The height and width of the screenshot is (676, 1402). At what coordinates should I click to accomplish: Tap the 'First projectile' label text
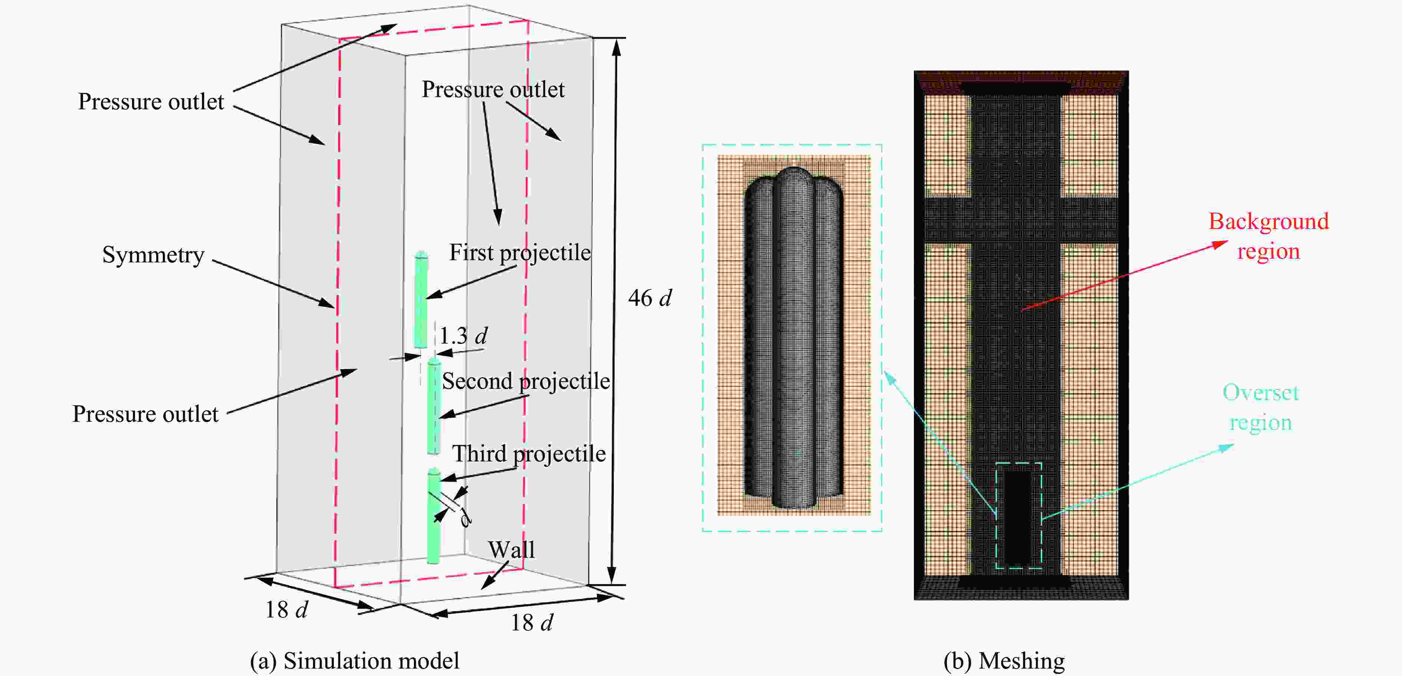pos(520,253)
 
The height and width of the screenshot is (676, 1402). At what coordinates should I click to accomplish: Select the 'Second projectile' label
pos(526,381)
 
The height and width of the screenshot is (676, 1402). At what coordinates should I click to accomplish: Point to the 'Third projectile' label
pos(529,454)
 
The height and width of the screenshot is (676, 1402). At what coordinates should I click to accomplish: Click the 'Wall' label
pos(511,550)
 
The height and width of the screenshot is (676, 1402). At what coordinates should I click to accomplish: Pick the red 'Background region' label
pos(1268,236)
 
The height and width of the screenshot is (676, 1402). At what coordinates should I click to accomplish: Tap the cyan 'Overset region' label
pos(1260,407)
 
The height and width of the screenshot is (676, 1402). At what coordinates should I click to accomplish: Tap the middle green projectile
pos(434,407)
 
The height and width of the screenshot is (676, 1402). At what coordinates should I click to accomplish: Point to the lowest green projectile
pos(433,517)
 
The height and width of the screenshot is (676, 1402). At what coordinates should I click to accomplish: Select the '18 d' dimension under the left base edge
pos(286,610)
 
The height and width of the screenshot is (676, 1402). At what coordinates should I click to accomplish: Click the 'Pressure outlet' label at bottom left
pos(145,414)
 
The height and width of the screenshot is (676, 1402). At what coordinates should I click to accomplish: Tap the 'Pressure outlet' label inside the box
pos(493,90)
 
